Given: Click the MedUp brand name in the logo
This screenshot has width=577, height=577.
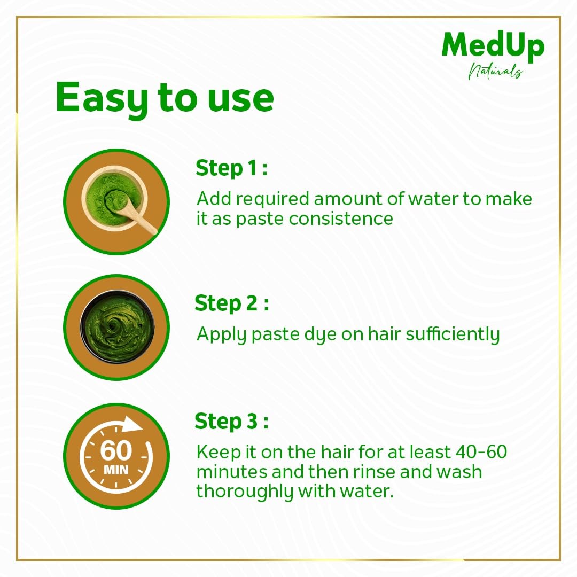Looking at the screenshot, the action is point(493,46).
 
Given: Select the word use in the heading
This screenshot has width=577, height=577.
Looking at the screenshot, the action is point(240,99).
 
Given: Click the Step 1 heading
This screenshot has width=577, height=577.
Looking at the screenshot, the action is point(231,168).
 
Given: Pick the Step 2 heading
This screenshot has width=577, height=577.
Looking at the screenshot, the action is point(232,303).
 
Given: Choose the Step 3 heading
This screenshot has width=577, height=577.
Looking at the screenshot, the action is point(232,421).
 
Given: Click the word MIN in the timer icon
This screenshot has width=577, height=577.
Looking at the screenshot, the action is point(116,470).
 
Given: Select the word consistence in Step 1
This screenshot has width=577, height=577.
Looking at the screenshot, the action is point(341,219).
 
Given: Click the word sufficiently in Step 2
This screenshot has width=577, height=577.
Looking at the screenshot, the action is point(453,334).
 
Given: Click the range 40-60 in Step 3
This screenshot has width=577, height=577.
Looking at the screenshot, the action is point(481,452).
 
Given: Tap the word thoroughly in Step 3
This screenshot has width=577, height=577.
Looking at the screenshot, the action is point(244,492).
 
